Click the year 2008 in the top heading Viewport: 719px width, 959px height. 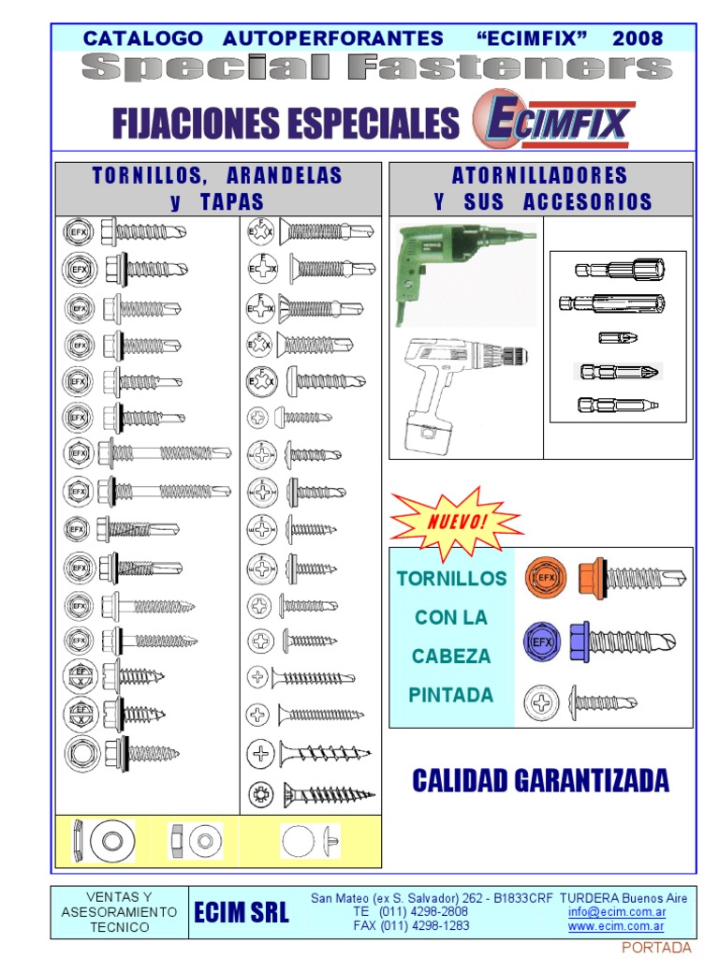click(638, 38)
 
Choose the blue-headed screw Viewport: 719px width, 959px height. click(623, 642)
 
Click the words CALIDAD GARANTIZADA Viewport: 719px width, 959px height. click(541, 780)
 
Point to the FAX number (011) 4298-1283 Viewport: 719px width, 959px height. click(411, 925)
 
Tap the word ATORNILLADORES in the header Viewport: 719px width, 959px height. click(540, 175)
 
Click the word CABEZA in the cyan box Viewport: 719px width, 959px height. click(451, 656)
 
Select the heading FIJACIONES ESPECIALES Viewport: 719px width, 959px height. click(286, 123)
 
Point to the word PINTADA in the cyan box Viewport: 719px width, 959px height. click(451, 694)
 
